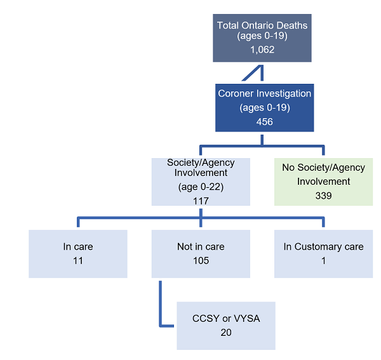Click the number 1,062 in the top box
click(262, 49)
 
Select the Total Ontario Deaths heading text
click(262, 25)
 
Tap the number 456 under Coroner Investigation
click(264, 121)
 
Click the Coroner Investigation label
click(264, 93)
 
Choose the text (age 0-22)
click(201, 187)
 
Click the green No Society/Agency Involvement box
click(323, 181)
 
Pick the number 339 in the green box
click(323, 196)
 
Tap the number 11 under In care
click(78, 260)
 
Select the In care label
click(78, 246)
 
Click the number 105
click(201, 260)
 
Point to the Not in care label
click(201, 246)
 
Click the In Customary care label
click(323, 246)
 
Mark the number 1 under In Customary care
click(323, 260)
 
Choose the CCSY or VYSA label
click(225, 318)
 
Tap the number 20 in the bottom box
click(225, 332)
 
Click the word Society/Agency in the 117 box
click(201, 163)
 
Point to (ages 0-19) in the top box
click(262, 37)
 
